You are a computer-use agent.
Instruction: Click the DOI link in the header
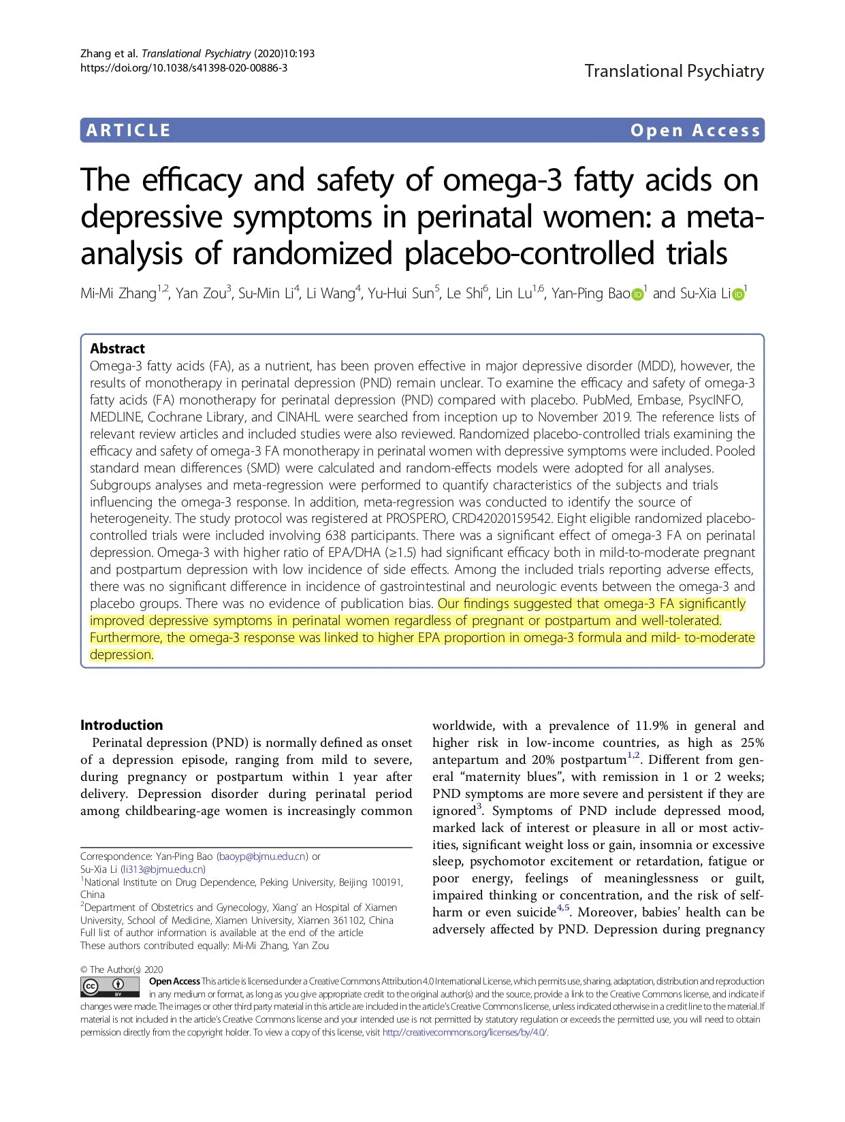(184, 67)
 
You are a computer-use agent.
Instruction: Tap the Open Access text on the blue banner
(695, 130)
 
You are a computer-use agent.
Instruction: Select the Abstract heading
(117, 349)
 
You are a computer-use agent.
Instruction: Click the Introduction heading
(122, 725)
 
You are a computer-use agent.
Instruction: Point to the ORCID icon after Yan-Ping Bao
(637, 294)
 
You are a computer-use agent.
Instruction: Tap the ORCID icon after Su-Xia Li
(737, 294)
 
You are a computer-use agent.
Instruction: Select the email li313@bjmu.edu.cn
(163, 869)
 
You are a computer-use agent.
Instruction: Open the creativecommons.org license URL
(465, 1032)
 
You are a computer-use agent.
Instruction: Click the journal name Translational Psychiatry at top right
(674, 71)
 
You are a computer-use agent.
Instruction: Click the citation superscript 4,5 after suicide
(563, 908)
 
